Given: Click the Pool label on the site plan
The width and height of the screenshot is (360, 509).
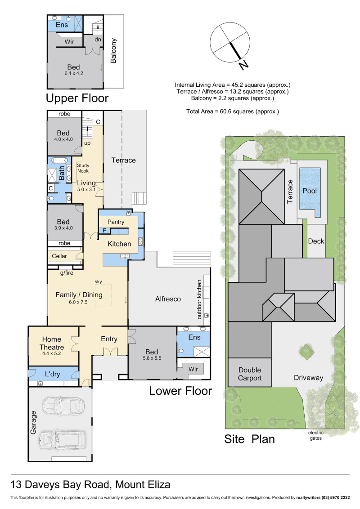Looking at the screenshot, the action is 309,191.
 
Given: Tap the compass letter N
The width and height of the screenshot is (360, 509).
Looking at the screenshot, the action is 243,65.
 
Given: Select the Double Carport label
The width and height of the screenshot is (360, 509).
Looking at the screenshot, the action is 250,374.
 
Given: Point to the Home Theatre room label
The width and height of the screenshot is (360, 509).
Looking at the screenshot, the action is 52,343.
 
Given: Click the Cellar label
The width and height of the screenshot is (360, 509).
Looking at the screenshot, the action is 59,256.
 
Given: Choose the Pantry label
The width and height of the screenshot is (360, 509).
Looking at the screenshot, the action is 116,222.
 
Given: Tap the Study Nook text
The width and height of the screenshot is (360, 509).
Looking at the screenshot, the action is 83,168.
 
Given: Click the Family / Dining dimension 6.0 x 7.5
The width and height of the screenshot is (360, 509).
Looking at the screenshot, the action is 78,302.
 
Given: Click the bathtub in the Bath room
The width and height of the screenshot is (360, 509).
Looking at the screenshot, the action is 60,161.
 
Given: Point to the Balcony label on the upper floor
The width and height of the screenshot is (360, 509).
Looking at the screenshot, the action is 113,51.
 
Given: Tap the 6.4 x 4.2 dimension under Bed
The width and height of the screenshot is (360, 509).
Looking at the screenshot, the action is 74,73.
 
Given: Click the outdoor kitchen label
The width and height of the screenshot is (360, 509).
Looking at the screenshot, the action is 199,299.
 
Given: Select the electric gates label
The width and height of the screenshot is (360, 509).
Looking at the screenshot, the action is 316,435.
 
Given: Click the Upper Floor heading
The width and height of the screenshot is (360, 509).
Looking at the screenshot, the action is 77,98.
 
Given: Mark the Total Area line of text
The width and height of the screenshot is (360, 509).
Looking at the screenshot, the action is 233,112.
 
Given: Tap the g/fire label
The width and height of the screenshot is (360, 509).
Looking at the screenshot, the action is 67,273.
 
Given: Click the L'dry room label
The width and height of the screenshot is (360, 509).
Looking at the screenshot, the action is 53,374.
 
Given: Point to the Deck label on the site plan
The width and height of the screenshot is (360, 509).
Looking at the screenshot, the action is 316,241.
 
